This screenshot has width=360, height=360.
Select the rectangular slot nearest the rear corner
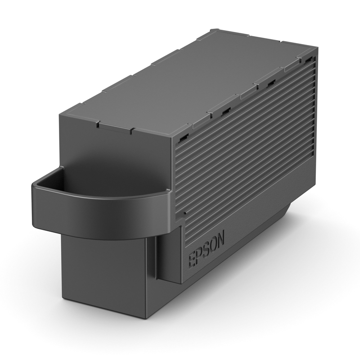point(308,59)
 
